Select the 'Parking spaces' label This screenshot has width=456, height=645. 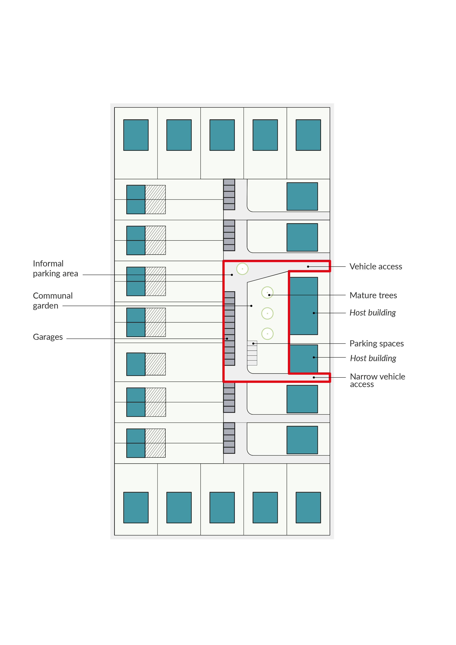click(377, 344)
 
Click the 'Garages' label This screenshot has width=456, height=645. click(48, 337)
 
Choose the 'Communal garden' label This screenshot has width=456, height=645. click(53, 301)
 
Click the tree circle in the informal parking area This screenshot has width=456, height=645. click(242, 269)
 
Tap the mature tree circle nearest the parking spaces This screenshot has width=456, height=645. click(267, 334)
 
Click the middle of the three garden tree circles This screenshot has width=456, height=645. click(267, 313)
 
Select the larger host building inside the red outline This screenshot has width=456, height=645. click(303, 306)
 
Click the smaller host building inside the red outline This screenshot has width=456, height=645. click(303, 359)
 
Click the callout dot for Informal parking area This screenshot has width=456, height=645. click(232, 275)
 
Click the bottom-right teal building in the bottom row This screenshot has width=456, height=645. click(308, 507)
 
